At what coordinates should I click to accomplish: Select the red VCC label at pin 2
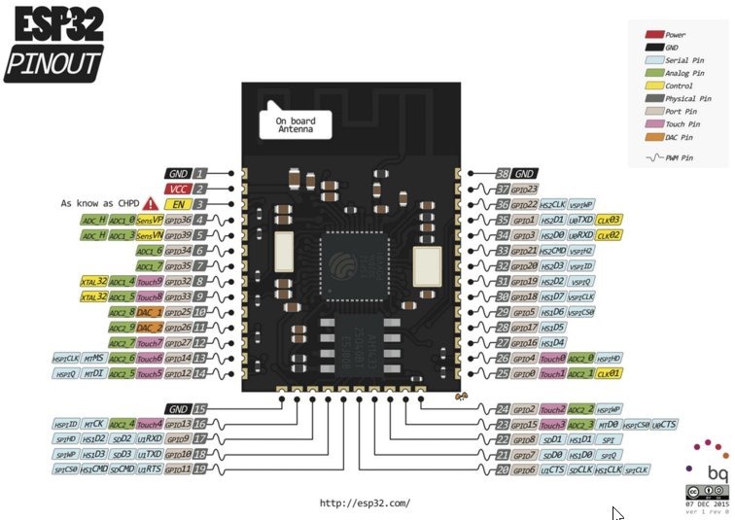(177, 189)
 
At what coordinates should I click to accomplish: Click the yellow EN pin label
(177, 205)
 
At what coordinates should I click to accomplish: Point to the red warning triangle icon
(150, 204)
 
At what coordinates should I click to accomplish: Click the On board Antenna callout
(296, 124)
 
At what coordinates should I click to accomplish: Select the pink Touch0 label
(552, 358)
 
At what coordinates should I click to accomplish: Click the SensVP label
(149, 221)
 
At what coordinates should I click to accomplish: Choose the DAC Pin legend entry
(675, 136)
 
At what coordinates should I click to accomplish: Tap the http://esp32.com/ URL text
(364, 503)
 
